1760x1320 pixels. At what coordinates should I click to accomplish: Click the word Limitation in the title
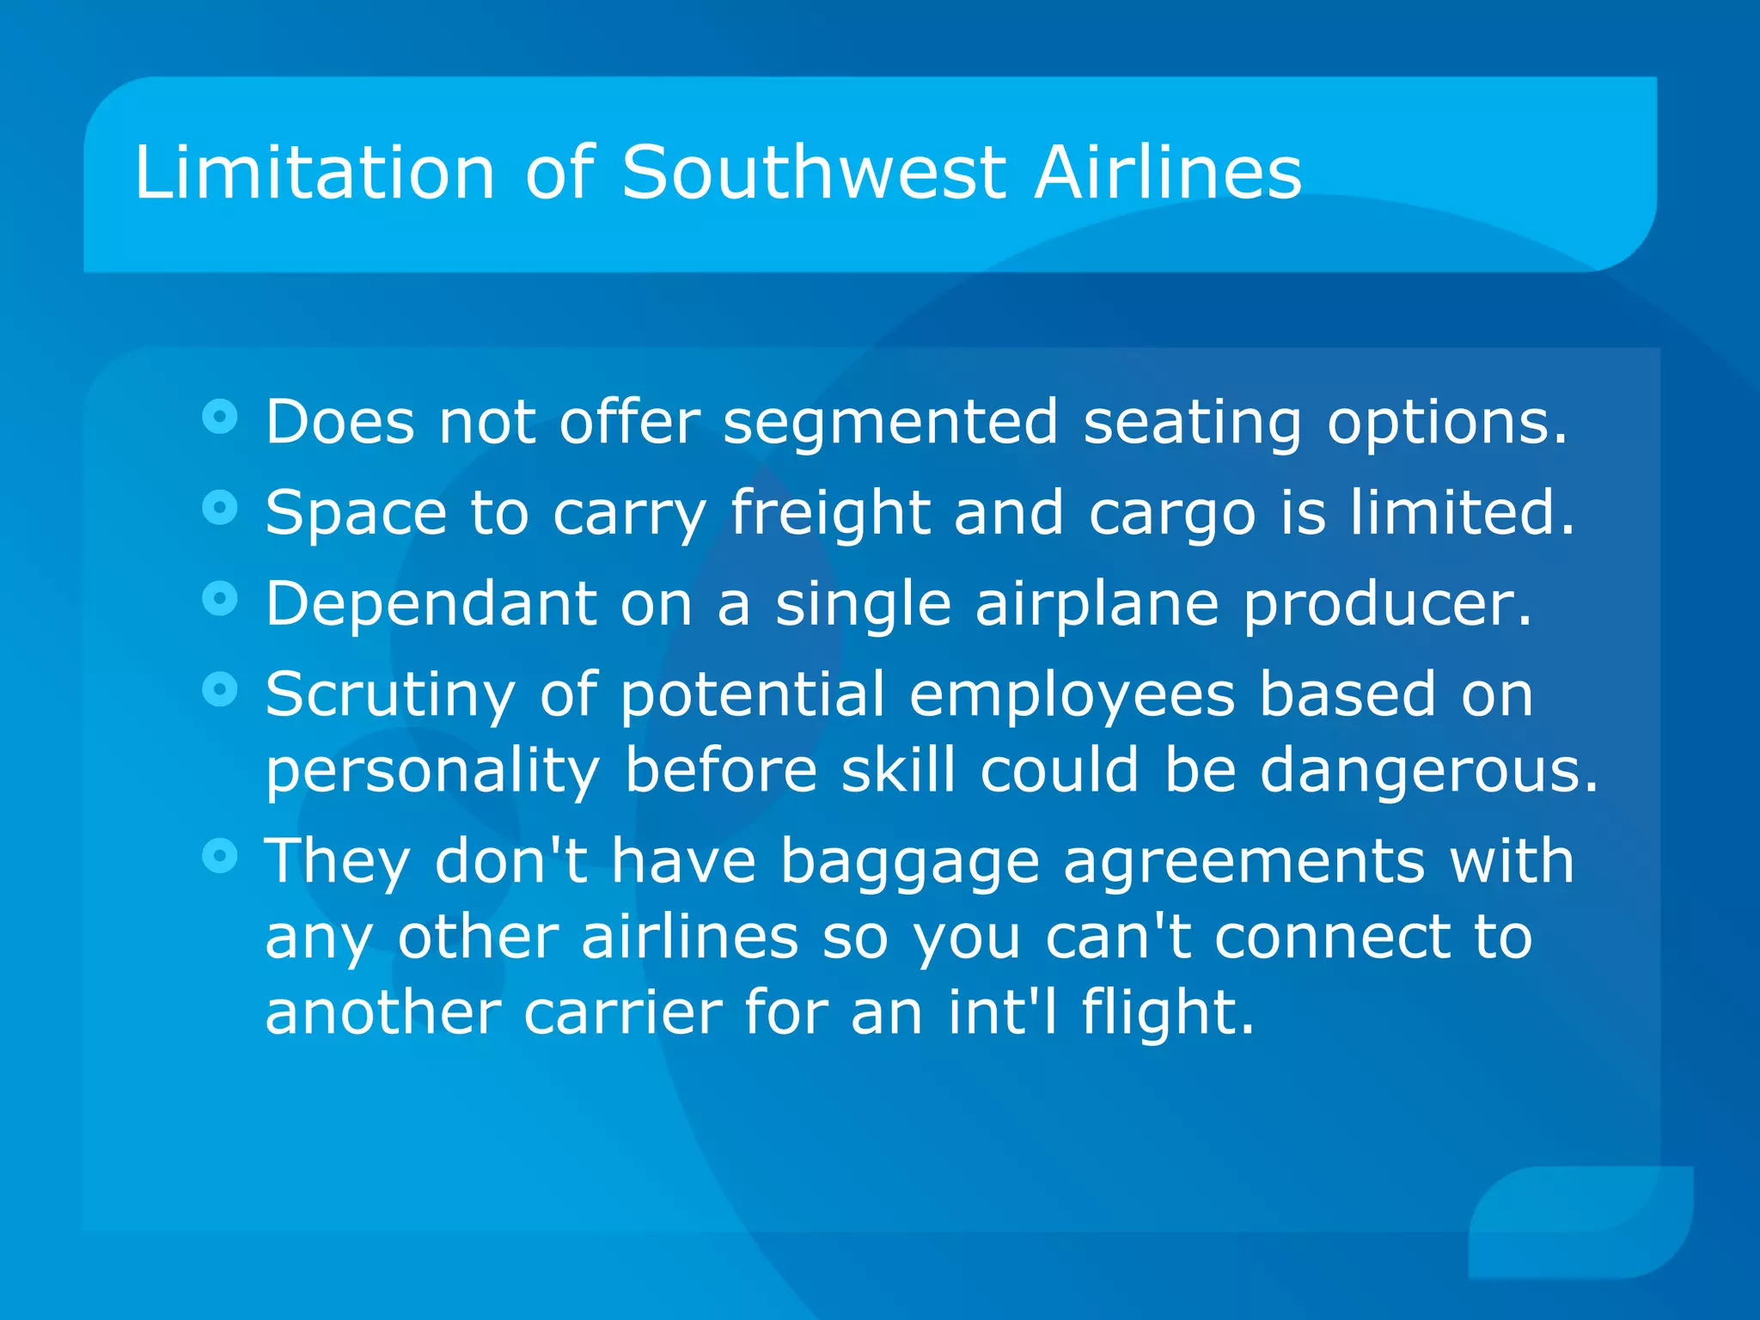pyautogui.click(x=315, y=173)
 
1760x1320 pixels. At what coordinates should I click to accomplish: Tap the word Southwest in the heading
pyautogui.click(x=813, y=173)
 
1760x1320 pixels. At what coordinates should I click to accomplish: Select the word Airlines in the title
pyautogui.click(x=1168, y=173)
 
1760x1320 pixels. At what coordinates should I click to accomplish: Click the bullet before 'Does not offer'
pyautogui.click(x=220, y=418)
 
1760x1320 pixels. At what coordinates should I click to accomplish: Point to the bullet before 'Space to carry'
pyautogui.click(x=220, y=507)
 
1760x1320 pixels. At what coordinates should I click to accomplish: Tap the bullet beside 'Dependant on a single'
pyautogui.click(x=220, y=598)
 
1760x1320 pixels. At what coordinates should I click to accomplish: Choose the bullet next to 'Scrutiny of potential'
pyautogui.click(x=220, y=689)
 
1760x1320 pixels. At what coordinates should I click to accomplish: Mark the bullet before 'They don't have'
pyautogui.click(x=220, y=856)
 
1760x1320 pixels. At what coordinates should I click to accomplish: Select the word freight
pyautogui.click(x=830, y=514)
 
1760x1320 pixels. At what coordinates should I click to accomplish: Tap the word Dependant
pyautogui.click(x=431, y=603)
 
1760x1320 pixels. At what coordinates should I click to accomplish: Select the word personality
pyautogui.click(x=432, y=772)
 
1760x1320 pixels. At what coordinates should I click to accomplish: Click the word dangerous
pyautogui.click(x=1428, y=772)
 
